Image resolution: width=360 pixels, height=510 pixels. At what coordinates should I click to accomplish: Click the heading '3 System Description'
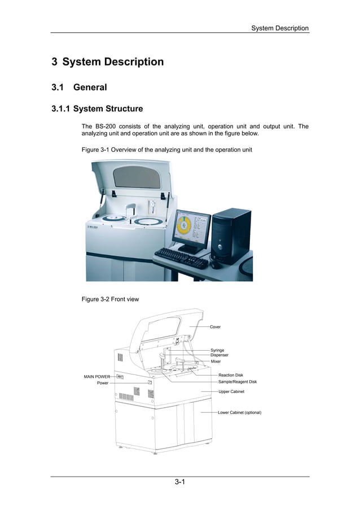coord(108,62)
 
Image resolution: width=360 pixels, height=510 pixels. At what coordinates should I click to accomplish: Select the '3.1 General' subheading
coord(79,88)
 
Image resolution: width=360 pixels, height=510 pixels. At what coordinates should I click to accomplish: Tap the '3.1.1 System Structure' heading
coord(97,108)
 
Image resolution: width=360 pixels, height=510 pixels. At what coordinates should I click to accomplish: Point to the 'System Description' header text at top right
coord(279,28)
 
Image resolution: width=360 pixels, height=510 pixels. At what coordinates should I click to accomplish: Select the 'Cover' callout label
coord(215,327)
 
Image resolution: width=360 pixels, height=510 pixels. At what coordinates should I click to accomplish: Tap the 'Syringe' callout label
coord(217,350)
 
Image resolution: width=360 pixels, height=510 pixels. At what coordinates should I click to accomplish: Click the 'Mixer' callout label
coord(216,361)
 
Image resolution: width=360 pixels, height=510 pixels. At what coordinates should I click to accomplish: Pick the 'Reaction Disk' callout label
coord(231,375)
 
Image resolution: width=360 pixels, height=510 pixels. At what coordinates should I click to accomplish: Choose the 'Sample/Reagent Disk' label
coord(238,382)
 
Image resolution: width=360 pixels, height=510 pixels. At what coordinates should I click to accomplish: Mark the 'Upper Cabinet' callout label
coord(231,391)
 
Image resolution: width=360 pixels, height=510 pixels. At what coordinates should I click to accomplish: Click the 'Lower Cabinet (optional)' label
coord(239,412)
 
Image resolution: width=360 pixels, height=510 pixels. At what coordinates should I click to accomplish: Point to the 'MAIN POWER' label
coord(97,376)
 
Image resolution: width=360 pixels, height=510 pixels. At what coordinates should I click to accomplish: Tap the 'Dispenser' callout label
coord(219,355)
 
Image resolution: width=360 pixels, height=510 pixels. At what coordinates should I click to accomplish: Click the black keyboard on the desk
coord(181,258)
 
